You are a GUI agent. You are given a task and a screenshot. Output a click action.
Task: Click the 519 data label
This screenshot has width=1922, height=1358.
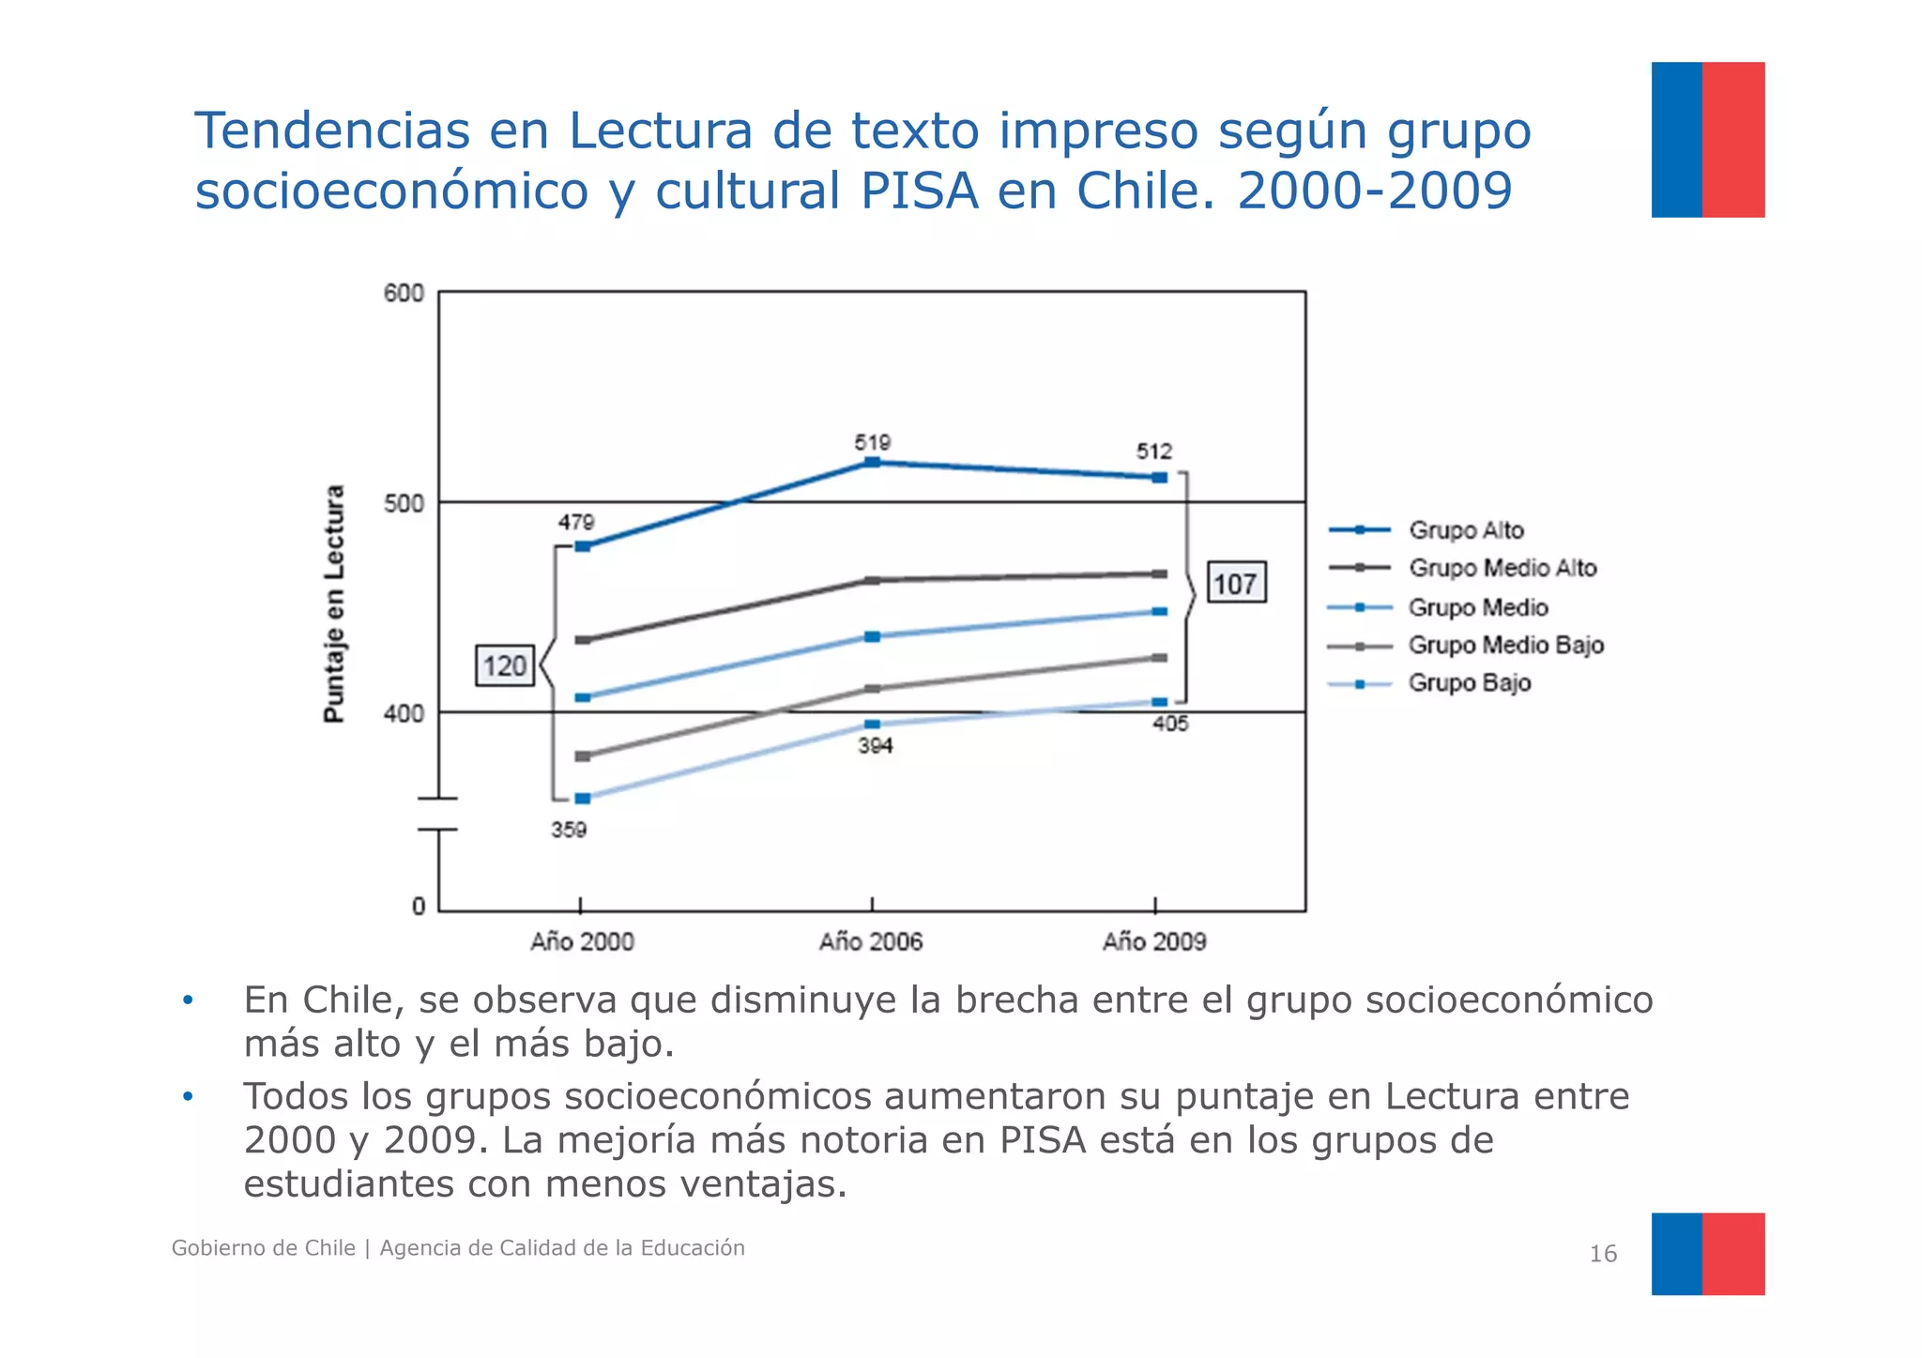pyautogui.click(x=872, y=442)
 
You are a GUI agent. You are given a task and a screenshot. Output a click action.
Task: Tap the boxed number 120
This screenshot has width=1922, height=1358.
pyautogui.click(x=505, y=665)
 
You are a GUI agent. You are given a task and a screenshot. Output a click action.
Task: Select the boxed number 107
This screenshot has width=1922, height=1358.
pyautogui.click(x=1235, y=583)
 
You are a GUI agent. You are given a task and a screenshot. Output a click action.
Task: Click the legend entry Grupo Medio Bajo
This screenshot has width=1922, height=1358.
pyautogui.click(x=1504, y=645)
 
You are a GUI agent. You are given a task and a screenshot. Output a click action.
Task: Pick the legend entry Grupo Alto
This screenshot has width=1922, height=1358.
pyautogui.click(x=1465, y=530)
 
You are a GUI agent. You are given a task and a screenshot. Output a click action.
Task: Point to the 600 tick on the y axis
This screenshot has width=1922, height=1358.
pyautogui.click(x=404, y=294)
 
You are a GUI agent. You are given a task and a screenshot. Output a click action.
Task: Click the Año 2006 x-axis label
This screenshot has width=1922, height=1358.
pyautogui.click(x=870, y=941)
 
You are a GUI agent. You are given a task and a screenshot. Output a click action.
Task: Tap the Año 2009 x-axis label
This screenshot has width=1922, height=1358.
pyautogui.click(x=1153, y=941)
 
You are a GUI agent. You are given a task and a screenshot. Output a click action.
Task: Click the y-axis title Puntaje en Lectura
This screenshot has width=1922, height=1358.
pyautogui.click(x=334, y=603)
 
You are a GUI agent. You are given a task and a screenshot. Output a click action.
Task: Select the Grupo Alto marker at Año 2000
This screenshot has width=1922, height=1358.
pyautogui.click(x=582, y=546)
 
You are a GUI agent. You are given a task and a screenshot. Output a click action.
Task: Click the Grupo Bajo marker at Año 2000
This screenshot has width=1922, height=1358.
pyautogui.click(x=582, y=799)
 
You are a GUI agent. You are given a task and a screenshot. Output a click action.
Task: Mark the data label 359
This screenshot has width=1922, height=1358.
pyautogui.click(x=569, y=830)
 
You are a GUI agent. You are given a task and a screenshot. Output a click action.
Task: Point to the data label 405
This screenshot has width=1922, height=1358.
pyautogui.click(x=1170, y=724)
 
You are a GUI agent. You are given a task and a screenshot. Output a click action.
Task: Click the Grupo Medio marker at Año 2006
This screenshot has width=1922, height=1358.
pyautogui.click(x=872, y=636)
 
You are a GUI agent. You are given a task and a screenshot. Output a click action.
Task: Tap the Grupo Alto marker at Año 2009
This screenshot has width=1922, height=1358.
pyautogui.click(x=1159, y=478)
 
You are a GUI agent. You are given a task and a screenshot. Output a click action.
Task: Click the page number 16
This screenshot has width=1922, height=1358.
pyautogui.click(x=1602, y=1254)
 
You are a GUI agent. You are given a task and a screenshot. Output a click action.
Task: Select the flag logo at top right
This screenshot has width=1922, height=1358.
pyautogui.click(x=1707, y=140)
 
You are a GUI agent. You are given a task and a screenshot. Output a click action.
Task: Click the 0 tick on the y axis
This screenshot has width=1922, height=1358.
pyautogui.click(x=419, y=907)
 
